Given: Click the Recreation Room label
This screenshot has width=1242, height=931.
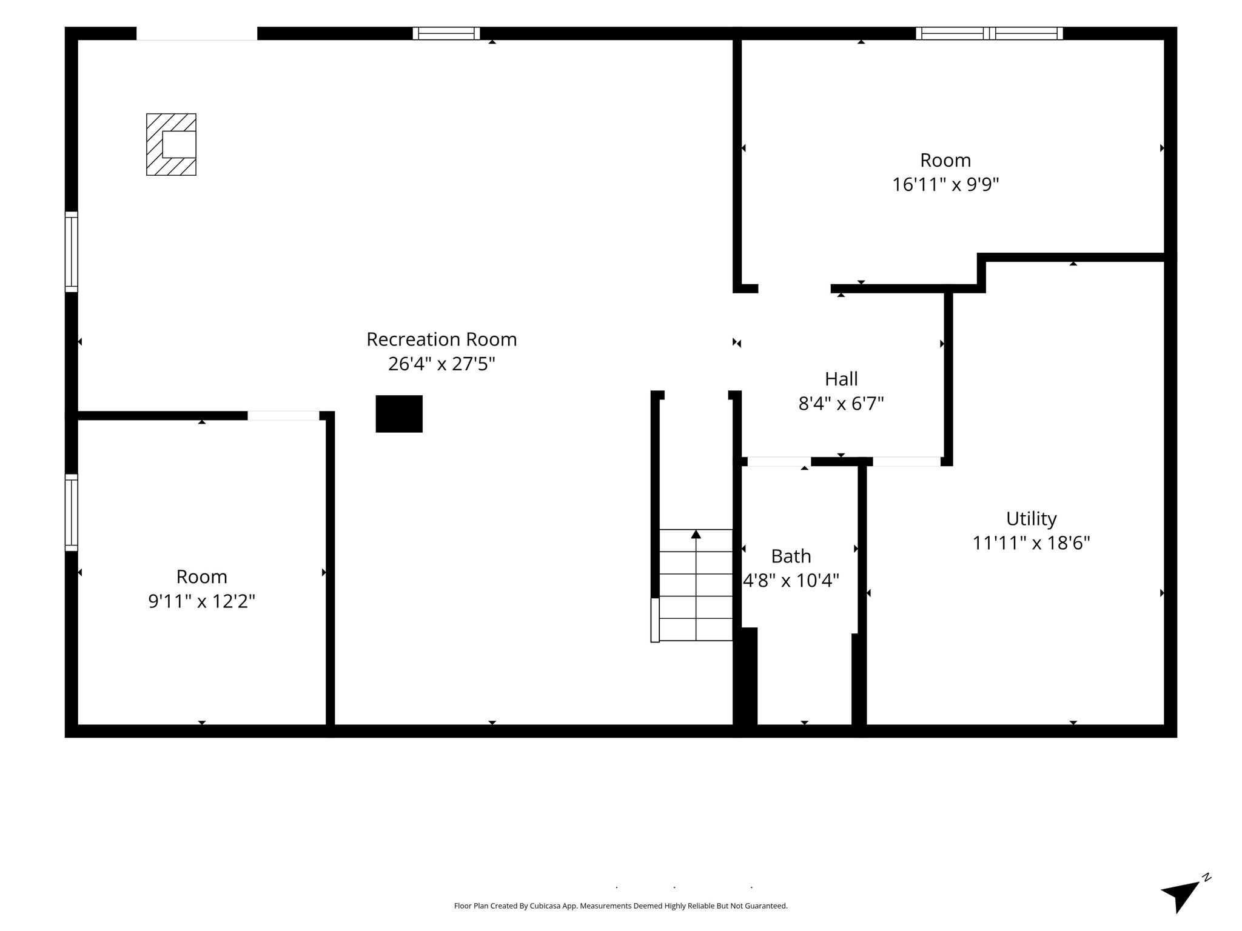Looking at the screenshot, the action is click(x=441, y=339).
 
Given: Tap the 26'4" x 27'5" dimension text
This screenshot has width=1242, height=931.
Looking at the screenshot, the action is click(x=441, y=364).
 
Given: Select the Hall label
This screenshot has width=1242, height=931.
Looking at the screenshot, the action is click(x=841, y=379).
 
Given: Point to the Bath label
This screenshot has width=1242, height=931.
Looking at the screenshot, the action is click(x=791, y=556).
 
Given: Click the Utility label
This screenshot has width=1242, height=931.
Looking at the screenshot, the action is click(x=1031, y=519).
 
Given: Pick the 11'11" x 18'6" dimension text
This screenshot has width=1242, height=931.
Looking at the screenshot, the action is click(x=1031, y=542).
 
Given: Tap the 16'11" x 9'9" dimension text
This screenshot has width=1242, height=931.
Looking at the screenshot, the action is click(x=945, y=184).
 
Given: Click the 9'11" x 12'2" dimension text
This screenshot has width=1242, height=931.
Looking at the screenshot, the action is click(x=201, y=601).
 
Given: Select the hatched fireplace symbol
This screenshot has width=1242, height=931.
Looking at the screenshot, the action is click(x=171, y=144).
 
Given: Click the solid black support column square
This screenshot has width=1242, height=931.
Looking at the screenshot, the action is click(x=399, y=414).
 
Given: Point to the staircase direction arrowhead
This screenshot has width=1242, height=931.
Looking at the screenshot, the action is click(x=696, y=534).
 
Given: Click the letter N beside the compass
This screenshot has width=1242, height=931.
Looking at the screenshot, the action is click(x=1207, y=894).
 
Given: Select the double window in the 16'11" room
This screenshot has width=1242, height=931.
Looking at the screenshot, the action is click(x=989, y=33).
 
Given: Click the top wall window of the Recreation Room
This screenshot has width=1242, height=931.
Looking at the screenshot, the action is click(x=446, y=33).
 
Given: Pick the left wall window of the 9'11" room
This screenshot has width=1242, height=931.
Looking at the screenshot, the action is click(x=72, y=513).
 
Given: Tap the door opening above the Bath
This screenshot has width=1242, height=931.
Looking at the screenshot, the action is click(x=779, y=462).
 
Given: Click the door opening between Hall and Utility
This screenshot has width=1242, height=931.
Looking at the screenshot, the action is click(x=907, y=462).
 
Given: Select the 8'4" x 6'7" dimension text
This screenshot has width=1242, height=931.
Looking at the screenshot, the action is click(x=841, y=403).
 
